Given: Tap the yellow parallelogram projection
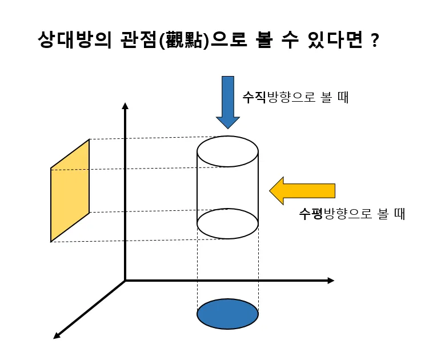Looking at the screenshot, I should point(70,190).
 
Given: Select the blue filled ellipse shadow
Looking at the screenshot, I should point(227,314).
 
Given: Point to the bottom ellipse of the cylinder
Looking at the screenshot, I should point(227,223).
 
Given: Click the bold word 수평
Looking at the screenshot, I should point(311,214).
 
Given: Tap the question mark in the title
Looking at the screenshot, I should point(374,41).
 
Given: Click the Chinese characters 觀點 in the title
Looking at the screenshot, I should point(183,41).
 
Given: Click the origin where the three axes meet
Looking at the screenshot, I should point(125,281).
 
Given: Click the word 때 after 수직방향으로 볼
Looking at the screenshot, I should point(343,98).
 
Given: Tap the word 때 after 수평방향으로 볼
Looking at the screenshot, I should point(399,214).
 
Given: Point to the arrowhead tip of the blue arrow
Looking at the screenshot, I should point(227,127).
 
